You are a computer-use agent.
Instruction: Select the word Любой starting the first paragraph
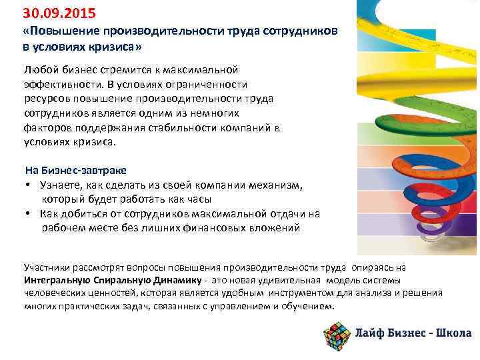click(x=39, y=71)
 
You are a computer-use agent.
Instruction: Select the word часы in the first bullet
click(x=198, y=199)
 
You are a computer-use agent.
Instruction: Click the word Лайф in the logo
click(x=371, y=334)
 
